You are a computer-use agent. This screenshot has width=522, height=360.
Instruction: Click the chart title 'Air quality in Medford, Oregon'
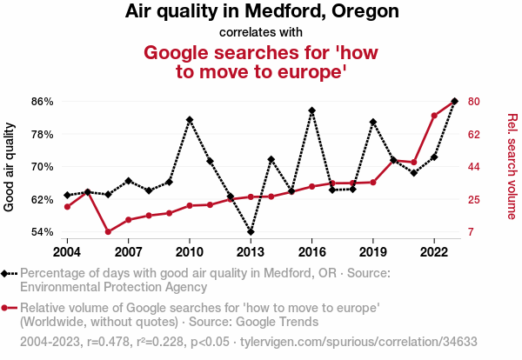[261, 12]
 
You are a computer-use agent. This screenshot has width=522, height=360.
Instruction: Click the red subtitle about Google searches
[261, 62]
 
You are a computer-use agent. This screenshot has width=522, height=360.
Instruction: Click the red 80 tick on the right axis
[474, 102]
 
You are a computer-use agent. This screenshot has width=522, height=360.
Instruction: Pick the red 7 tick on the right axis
[471, 232]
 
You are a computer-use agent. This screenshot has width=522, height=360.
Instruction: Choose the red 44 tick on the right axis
[474, 167]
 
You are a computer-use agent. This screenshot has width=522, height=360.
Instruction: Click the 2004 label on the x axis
[67, 252]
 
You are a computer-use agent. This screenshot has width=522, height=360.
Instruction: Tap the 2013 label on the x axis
[251, 252]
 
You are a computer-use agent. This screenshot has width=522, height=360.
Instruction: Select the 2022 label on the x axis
[434, 252]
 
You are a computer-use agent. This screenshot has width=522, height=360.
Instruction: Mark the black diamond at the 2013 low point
[251, 232]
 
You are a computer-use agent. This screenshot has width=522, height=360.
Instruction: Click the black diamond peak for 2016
[311, 111]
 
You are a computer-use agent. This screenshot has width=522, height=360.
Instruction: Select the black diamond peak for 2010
[190, 119]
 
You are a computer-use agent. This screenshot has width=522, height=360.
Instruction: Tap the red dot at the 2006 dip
[108, 231]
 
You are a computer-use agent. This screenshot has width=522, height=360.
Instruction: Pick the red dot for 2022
[434, 116]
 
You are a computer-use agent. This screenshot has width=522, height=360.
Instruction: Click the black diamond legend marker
[6, 273]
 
